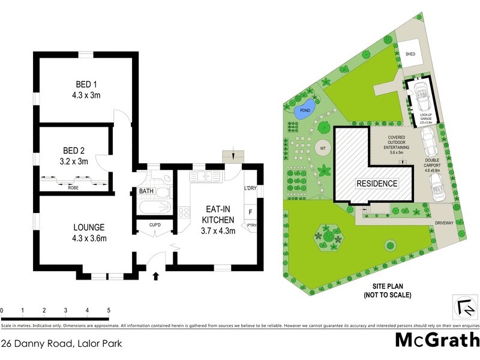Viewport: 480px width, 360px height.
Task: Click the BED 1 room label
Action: coord(83,83)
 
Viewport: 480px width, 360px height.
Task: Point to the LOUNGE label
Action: coord(89,227)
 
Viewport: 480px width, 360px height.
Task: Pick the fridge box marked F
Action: coord(250,212)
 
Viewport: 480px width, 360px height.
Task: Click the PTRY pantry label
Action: coord(251,226)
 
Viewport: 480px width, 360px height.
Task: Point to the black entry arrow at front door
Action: coord(157,276)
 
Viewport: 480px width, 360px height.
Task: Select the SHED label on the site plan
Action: coord(410,54)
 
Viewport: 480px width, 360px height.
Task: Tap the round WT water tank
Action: coord(322,146)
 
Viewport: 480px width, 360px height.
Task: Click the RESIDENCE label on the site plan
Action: coord(377,183)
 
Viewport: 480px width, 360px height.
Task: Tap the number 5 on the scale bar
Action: coord(109,310)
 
